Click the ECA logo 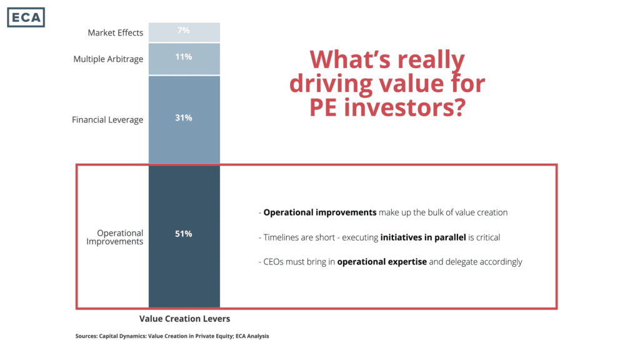(26, 17)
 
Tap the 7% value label (184, 30)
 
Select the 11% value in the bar (184, 57)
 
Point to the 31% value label (184, 117)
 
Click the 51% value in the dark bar (184, 234)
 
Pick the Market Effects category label (115, 32)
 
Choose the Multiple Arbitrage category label (108, 59)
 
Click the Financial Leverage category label (107, 119)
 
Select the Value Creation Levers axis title (184, 319)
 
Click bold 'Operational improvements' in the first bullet (320, 212)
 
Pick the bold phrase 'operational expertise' (382, 262)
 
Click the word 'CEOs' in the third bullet (274, 262)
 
